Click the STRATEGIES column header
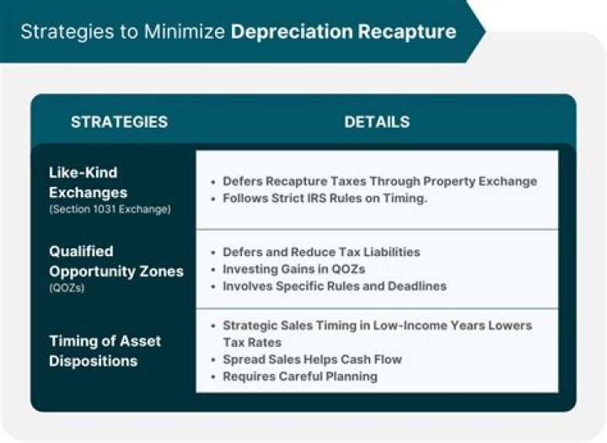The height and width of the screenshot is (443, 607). click(x=119, y=122)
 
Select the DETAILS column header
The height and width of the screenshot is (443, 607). click(x=377, y=122)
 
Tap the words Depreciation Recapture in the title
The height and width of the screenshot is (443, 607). click(x=343, y=32)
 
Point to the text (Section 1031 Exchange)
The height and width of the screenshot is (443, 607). click(x=109, y=209)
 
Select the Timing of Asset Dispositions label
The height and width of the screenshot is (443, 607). click(x=105, y=350)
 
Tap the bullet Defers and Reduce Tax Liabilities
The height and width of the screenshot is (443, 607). click(x=320, y=252)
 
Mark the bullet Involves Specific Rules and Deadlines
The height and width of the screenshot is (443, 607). click(x=334, y=286)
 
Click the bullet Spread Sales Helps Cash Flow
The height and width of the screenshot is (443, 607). click(x=312, y=360)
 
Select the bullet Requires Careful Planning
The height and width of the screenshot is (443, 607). click(x=299, y=376)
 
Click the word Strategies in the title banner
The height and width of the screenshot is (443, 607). click(x=67, y=32)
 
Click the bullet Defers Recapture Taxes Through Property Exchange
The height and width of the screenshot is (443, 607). click(x=379, y=181)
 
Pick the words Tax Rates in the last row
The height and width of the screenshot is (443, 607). click(x=252, y=343)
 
